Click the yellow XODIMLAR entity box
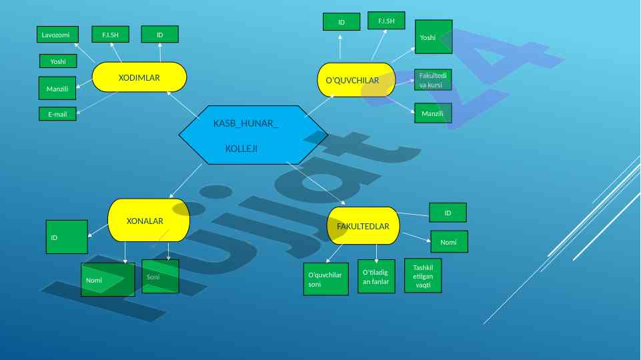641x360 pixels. pyautogui.click(x=139, y=77)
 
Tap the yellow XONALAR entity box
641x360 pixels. pyautogui.click(x=148, y=220)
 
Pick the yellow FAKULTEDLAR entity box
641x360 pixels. pyautogui.click(x=363, y=226)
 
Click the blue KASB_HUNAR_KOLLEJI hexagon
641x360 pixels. pyautogui.click(x=253, y=135)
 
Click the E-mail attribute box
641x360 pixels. pyautogui.click(x=57, y=114)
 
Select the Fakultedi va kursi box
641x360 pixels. pyautogui.click(x=433, y=80)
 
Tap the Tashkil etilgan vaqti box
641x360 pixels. pyautogui.click(x=423, y=275)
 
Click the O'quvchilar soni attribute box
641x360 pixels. pyautogui.click(x=326, y=279)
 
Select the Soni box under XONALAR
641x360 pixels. pyautogui.click(x=161, y=277)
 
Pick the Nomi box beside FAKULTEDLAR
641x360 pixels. pyautogui.click(x=449, y=242)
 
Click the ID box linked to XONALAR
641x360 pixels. pyautogui.click(x=67, y=237)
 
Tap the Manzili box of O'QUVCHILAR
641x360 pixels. pyautogui.click(x=433, y=113)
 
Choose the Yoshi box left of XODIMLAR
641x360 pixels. pyautogui.click(x=58, y=61)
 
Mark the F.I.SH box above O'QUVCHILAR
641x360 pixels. pyautogui.click(x=386, y=21)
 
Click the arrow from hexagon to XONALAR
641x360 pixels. pyautogui.click(x=186, y=181)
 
